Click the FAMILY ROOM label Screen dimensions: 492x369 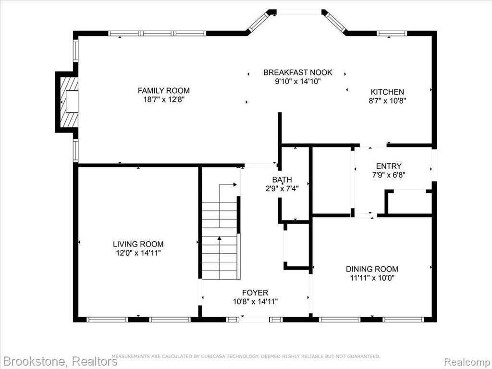pyautogui.click(x=164, y=91)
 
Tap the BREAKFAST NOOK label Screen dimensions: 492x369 pyautogui.click(x=297, y=73)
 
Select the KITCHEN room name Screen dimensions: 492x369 pyautogui.click(x=387, y=92)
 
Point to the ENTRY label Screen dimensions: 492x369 pyautogui.click(x=389, y=166)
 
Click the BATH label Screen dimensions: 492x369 pyautogui.click(x=282, y=180)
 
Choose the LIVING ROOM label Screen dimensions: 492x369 pyautogui.click(x=138, y=244)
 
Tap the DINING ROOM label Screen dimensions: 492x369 pyautogui.click(x=372, y=269)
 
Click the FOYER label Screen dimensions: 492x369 pyautogui.click(x=255, y=293)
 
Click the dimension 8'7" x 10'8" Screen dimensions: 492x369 pyautogui.click(x=388, y=101)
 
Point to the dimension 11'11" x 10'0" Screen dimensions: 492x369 pyautogui.click(x=372, y=278)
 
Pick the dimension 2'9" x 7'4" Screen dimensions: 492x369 pyautogui.click(x=282, y=188)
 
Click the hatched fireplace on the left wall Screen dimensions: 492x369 pyautogui.click(x=69, y=102)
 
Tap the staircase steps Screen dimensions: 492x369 pyautogui.click(x=219, y=240)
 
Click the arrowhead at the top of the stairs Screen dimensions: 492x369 pyautogui.click(x=234, y=184)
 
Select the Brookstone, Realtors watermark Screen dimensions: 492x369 pyautogui.click(x=59, y=361)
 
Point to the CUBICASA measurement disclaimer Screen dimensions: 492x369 pyautogui.click(x=246, y=357)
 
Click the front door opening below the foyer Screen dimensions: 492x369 pyautogui.click(x=255, y=320)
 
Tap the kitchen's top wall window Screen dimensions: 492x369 pyautogui.click(x=392, y=33)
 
